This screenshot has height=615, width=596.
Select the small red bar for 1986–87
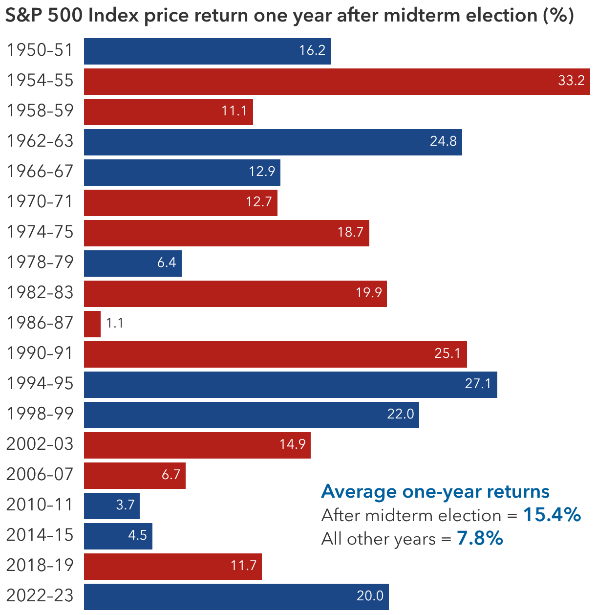(x=92, y=324)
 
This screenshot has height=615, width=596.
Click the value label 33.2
(x=571, y=81)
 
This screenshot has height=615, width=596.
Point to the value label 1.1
(x=115, y=324)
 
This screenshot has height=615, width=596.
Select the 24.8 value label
(x=443, y=142)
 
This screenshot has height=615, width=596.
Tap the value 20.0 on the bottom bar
(x=370, y=596)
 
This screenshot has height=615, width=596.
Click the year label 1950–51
(x=40, y=51)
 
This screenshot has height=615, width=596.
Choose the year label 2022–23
(x=40, y=596)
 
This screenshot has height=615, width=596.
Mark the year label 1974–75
(x=40, y=232)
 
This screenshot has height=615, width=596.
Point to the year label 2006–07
(x=40, y=475)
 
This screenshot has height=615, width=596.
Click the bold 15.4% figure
(x=552, y=515)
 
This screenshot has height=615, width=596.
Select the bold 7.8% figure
(x=480, y=538)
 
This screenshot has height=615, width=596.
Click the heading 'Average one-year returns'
(x=435, y=491)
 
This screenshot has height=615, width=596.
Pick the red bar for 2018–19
(x=172, y=566)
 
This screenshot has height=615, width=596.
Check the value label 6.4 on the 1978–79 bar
(x=167, y=263)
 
